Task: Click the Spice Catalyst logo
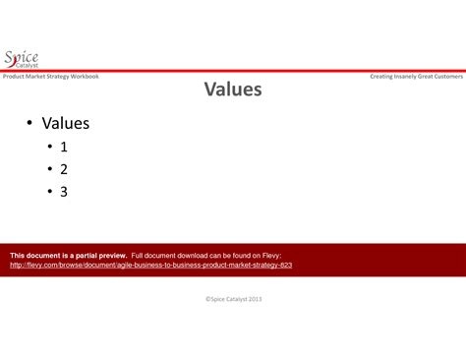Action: pyautogui.click(x=22, y=59)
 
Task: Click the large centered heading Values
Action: pyautogui.click(x=233, y=90)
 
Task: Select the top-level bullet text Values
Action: pyautogui.click(x=65, y=124)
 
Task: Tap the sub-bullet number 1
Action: pyautogui.click(x=64, y=147)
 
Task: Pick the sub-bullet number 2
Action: pyautogui.click(x=64, y=169)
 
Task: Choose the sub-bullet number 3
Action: pyautogui.click(x=64, y=192)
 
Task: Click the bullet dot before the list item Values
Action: pyautogui.click(x=30, y=124)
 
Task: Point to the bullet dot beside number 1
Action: pyautogui.click(x=49, y=148)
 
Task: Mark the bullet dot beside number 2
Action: pyautogui.click(x=49, y=170)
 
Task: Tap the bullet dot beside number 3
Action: pyautogui.click(x=49, y=193)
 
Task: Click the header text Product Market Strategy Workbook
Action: pyautogui.click(x=50, y=76)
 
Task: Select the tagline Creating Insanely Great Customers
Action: pyautogui.click(x=416, y=76)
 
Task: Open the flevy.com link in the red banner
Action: pyautogui.click(x=150, y=265)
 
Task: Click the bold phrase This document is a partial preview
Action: pyautogui.click(x=68, y=255)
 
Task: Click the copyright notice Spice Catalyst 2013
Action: pyautogui.click(x=233, y=298)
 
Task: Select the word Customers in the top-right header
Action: pyautogui.click(x=446, y=76)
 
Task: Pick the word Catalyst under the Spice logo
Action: pyautogui.click(x=27, y=66)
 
